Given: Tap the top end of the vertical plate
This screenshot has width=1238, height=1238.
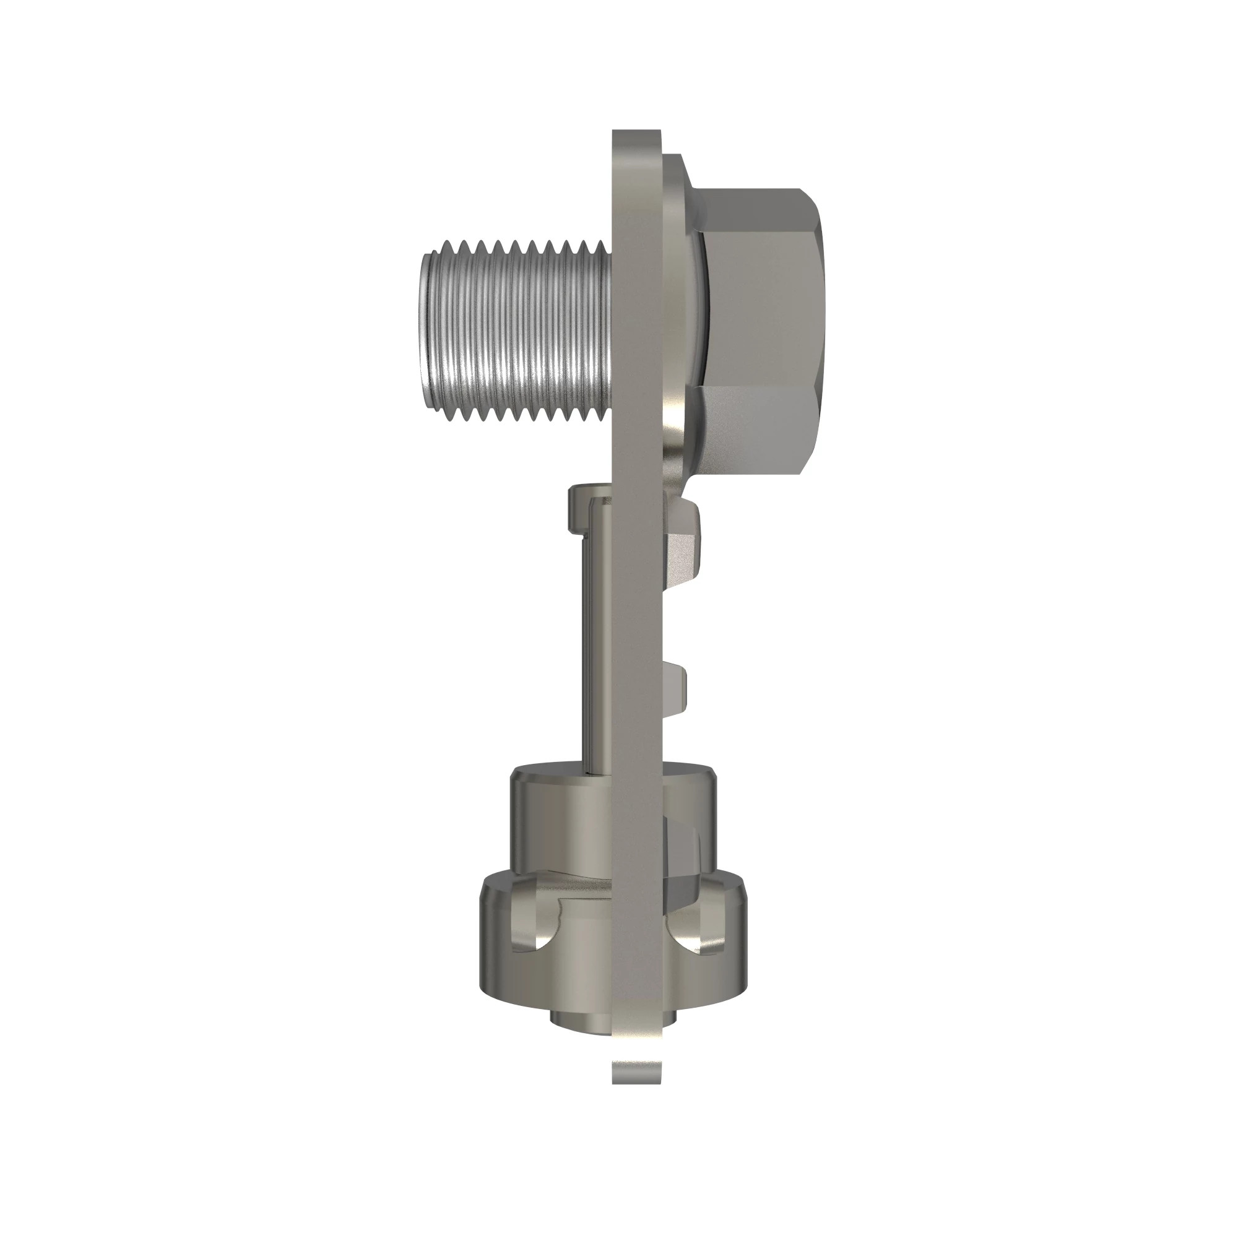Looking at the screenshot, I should point(636,138).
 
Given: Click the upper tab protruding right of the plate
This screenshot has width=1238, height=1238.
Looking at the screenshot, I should point(685,551).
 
